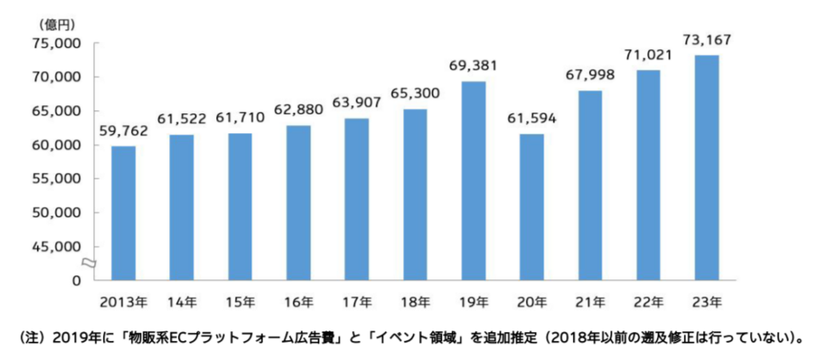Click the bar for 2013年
123,213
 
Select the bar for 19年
473,180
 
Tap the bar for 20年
531,207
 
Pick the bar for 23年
706,168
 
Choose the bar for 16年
298,203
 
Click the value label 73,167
706,39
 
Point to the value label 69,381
473,66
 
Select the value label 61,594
531,119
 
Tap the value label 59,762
123,131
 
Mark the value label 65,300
415,93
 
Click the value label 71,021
648,55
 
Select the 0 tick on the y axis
77,281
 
